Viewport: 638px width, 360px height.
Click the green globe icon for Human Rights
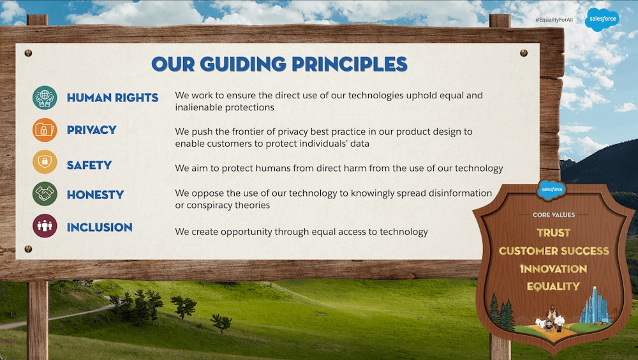(x=45, y=98)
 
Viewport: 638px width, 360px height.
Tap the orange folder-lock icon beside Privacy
(x=45, y=130)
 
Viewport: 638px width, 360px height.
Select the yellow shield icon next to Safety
(x=45, y=161)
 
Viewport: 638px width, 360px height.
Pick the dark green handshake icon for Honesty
(x=45, y=194)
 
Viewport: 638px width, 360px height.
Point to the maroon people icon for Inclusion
(x=45, y=226)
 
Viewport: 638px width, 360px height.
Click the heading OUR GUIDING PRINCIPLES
(x=279, y=64)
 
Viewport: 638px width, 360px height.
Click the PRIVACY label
(x=91, y=130)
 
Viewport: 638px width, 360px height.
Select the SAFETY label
(x=89, y=165)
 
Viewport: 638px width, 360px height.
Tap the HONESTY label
(x=95, y=195)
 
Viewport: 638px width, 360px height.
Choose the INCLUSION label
(x=100, y=227)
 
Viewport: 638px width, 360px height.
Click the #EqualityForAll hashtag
(x=554, y=20)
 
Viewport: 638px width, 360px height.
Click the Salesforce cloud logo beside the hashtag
(x=602, y=19)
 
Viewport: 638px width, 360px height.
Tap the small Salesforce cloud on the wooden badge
(x=552, y=190)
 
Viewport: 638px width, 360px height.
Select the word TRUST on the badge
(x=553, y=232)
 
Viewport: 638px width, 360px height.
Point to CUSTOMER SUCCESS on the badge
(x=554, y=250)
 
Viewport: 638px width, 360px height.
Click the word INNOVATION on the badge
(x=554, y=269)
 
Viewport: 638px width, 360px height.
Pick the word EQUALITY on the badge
(x=553, y=287)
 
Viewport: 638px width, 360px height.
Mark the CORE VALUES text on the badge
(x=554, y=214)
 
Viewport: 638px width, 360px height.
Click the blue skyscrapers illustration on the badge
(x=595, y=306)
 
